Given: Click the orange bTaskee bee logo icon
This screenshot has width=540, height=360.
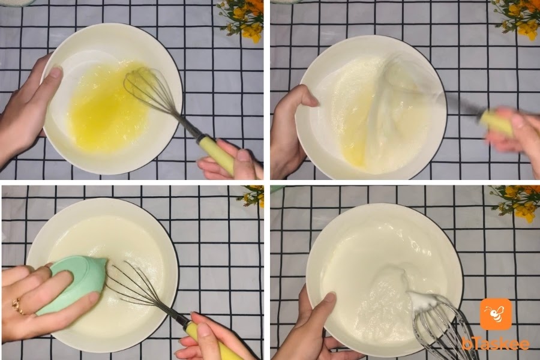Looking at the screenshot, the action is [x=496, y=314].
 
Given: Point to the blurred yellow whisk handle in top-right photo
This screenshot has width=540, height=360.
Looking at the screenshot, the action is [x=496, y=122].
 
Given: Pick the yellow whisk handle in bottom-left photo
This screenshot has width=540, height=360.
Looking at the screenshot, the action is [x=210, y=340].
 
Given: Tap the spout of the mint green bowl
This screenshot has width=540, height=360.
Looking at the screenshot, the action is [x=103, y=263].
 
